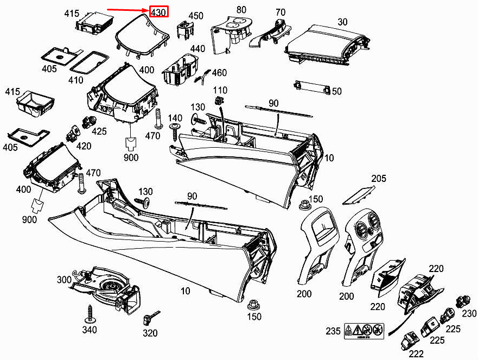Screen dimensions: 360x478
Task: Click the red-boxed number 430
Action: click(158, 11)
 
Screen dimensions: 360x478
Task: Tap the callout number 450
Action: click(195, 16)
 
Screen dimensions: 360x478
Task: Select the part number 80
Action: click(241, 9)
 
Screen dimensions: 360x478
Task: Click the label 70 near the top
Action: click(280, 12)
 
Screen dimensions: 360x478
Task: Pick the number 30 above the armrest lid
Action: click(342, 22)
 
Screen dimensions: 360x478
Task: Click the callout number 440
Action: click(197, 48)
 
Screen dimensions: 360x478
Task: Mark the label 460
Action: click(219, 73)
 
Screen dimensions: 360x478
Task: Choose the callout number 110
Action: click(220, 90)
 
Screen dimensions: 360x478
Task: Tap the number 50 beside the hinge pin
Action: click(336, 91)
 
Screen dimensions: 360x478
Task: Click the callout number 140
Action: click(175, 118)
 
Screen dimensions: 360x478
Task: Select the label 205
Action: click(379, 178)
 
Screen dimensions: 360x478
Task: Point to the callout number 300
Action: click(64, 280)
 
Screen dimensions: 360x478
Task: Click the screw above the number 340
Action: click(90, 313)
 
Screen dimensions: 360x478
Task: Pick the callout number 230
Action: click(469, 313)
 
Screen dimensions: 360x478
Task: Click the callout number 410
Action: click(75, 80)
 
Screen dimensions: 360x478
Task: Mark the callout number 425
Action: click(99, 131)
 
